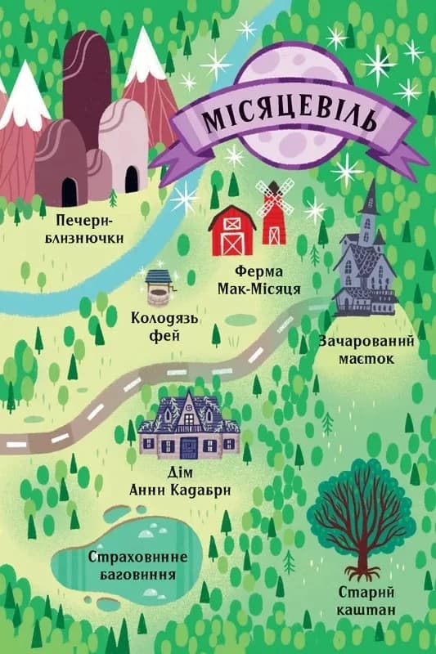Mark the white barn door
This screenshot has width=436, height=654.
tap(231, 244)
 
